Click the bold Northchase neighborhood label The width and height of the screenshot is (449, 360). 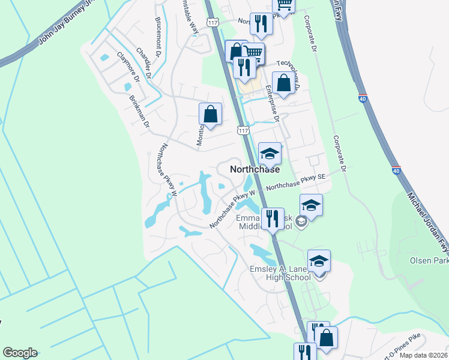pyautogui.click(x=254, y=170)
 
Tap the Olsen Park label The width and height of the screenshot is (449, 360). pyautogui.click(x=429, y=261)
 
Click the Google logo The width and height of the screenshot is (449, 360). pyautogui.click(x=19, y=353)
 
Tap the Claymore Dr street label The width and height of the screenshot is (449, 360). pyautogui.click(x=128, y=67)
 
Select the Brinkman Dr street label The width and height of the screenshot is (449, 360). pyautogui.click(x=137, y=110)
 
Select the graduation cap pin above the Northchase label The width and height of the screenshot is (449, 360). pyautogui.click(x=270, y=154)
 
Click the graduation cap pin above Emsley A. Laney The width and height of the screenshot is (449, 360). pyautogui.click(x=319, y=261)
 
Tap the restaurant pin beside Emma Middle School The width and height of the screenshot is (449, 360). pyautogui.click(x=273, y=219)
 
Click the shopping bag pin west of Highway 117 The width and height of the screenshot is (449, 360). pyautogui.click(x=210, y=114)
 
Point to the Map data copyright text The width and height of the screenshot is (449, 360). pyautogui.click(x=423, y=355)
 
